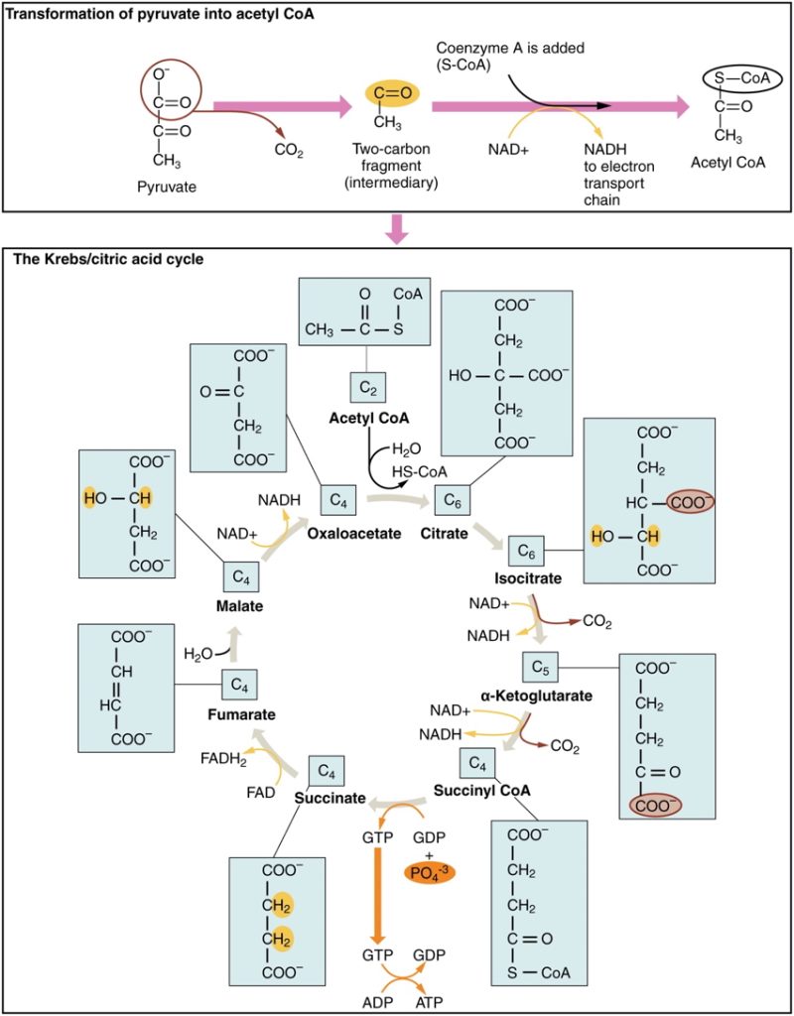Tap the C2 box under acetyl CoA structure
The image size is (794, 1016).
364,387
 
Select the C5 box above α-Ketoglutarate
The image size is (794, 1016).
540,666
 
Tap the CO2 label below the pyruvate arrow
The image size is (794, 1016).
287,151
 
